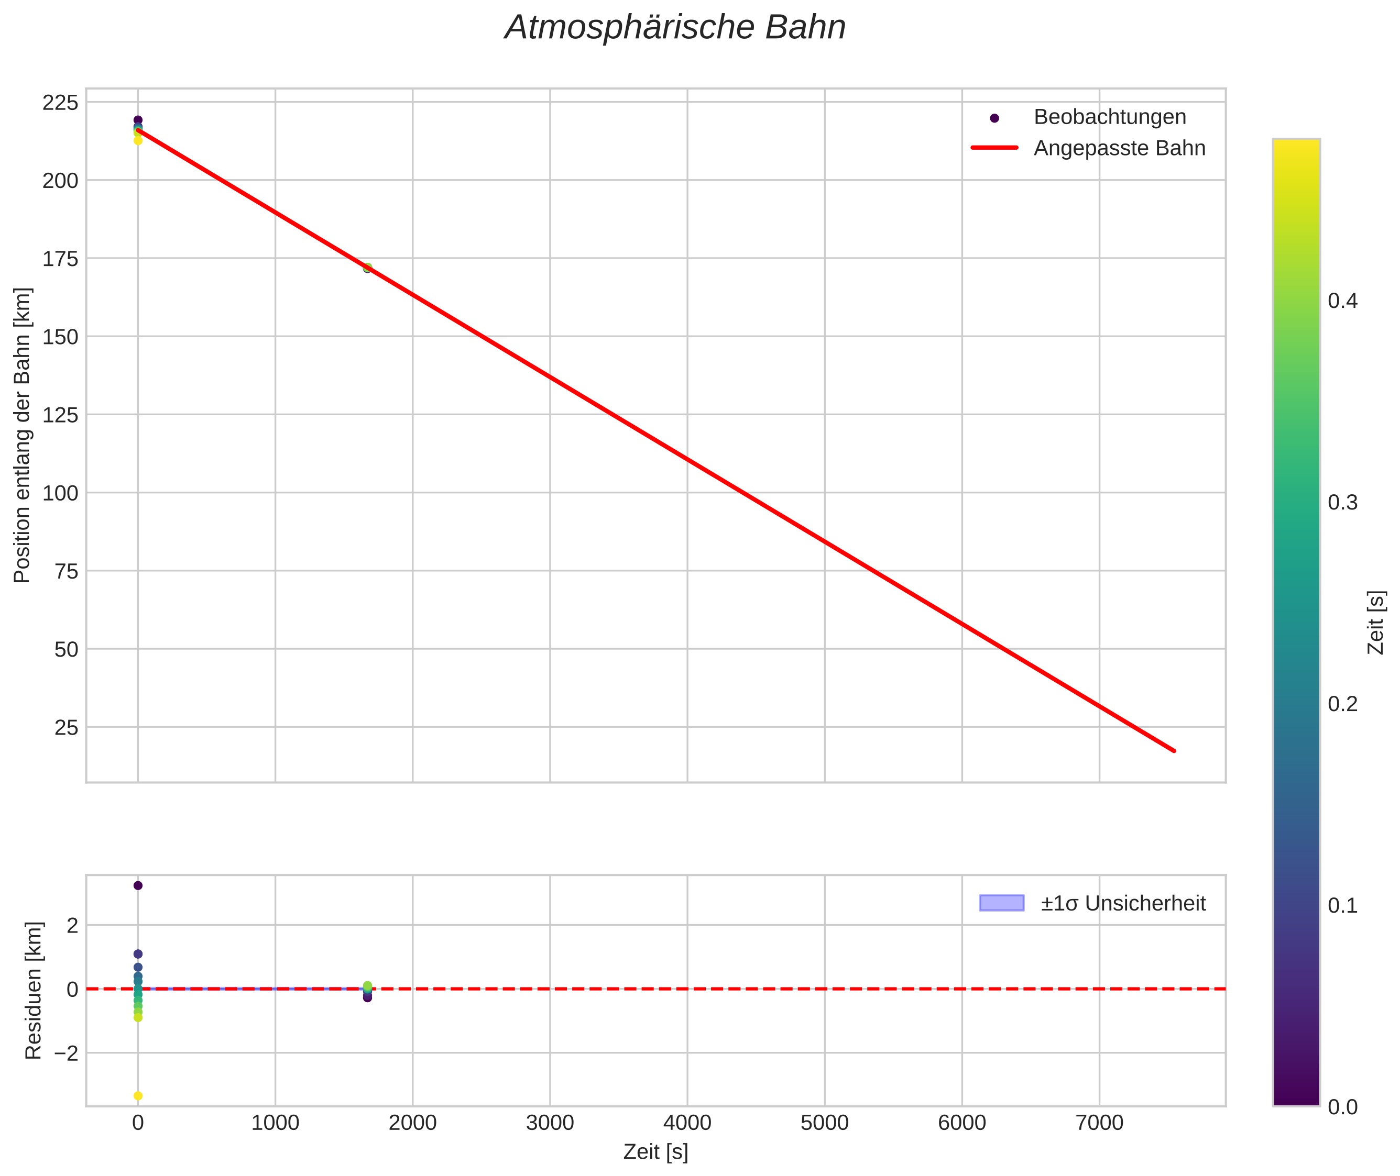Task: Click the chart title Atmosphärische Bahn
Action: point(675,28)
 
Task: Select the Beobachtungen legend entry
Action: point(1109,117)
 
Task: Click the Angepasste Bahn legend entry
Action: point(1119,148)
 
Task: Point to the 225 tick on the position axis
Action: point(60,103)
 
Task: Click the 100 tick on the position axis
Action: point(60,493)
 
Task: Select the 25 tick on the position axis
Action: point(66,727)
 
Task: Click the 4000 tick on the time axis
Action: point(687,1123)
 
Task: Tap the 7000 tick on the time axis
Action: point(1099,1123)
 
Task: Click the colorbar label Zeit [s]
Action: point(1375,623)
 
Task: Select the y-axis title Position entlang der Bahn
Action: point(22,435)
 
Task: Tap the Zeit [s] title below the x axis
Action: point(655,1152)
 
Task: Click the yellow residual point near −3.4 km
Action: point(138,1096)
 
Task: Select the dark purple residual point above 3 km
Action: point(138,885)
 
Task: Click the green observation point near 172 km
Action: point(367,268)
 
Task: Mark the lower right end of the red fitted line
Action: point(1174,751)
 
